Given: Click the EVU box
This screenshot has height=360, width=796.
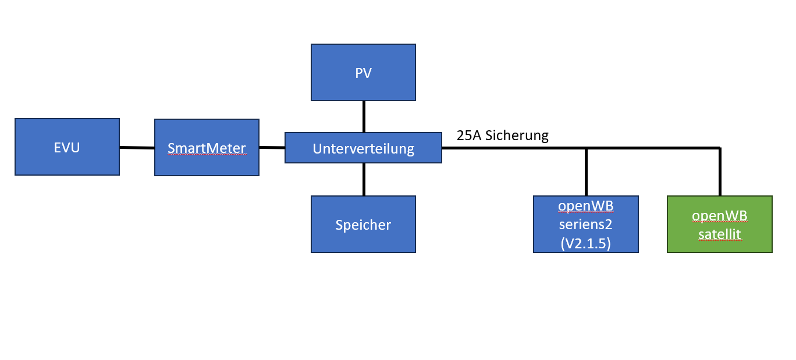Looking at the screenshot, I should pos(67,147).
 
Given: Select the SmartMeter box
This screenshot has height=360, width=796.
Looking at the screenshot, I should pos(207,147).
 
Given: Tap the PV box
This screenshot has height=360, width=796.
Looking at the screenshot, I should pos(363,73).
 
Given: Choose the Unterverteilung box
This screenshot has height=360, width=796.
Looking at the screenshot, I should pos(363,148).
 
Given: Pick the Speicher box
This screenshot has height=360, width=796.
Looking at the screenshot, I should pos(363,224).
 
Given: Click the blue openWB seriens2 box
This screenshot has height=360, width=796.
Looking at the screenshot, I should pos(585,224).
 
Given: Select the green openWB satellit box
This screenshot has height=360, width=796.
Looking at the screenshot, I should pos(719,224).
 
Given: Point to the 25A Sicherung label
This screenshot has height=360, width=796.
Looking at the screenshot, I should pos(503,136).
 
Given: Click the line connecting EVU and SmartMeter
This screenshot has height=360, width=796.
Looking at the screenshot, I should pos(137,148).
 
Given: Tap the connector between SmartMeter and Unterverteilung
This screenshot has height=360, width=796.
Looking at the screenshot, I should pos(272,148).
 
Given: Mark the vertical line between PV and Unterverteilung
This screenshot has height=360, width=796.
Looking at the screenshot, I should pos(364,116).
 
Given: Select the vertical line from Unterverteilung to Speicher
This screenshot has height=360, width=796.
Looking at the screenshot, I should pos(364,179).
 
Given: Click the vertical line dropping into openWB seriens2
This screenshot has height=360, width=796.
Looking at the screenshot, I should pos(586,172).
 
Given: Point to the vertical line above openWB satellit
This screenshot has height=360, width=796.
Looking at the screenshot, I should pos(720,172).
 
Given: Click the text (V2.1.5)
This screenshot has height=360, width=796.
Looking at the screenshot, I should pos(585,244).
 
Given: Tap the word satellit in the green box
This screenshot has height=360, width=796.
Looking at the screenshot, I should pos(719,234).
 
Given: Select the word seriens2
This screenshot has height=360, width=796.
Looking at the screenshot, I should pos(585,224).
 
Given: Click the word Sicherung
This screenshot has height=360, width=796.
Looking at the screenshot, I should pos(517,136).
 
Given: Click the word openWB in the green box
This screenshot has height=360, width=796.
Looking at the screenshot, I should pos(719,216).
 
